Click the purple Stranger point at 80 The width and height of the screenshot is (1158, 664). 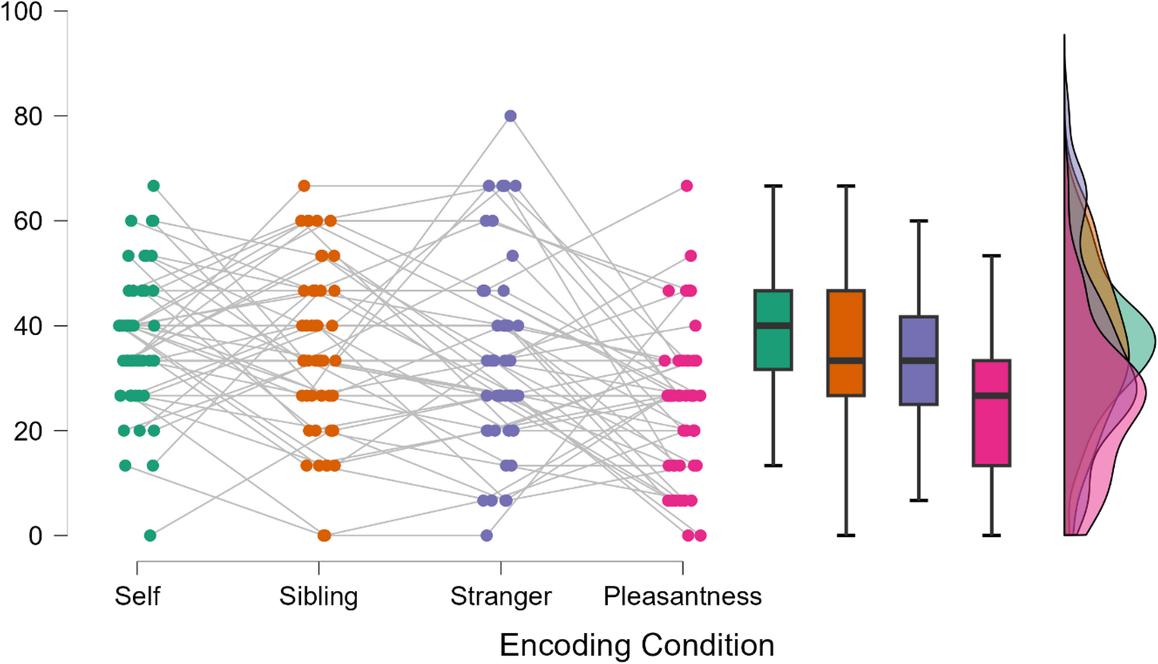tap(511, 116)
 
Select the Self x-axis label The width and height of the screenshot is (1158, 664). tap(137, 596)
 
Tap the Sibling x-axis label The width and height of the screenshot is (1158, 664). tap(318, 596)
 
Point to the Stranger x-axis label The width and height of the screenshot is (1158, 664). tap(501, 596)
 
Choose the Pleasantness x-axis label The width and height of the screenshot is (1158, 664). tap(682, 596)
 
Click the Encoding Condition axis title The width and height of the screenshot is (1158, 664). tap(637, 645)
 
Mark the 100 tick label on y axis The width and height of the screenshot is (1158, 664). tap(21, 12)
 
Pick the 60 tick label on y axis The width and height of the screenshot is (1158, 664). tap(28, 221)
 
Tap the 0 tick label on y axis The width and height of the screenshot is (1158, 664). tap(36, 536)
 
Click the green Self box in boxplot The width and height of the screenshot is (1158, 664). tap(773, 346)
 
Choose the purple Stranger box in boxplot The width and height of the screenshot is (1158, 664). tap(919, 380)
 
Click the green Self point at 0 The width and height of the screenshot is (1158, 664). tap(150, 536)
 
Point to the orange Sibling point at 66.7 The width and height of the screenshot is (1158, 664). tap(304, 186)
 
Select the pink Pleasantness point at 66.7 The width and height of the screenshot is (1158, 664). tap(687, 186)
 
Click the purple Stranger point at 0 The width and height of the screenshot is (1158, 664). tap(487, 536)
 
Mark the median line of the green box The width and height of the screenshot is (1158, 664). tap(773, 326)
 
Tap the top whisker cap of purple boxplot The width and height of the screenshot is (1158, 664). tap(919, 221)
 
